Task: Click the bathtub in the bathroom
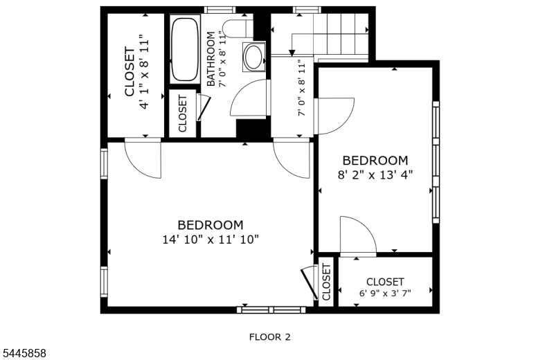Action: point(184,49)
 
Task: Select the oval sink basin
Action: point(253,57)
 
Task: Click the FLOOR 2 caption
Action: point(269,337)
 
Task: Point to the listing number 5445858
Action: point(24,353)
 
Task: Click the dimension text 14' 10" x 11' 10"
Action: point(211,240)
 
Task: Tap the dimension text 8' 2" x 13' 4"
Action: point(375,174)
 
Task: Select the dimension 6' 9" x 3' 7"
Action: point(385,294)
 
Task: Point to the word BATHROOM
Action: point(211,59)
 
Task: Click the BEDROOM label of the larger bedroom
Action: point(211,225)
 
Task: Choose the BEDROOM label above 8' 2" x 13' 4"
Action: point(375,161)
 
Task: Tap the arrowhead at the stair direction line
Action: point(292,53)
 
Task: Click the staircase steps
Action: point(341,34)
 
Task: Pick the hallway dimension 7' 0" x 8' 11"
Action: point(301,88)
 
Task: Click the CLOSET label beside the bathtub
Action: point(183,114)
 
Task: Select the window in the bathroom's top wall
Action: point(220,10)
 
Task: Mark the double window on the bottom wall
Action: point(271,310)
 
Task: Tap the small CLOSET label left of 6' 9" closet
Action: point(326,282)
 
